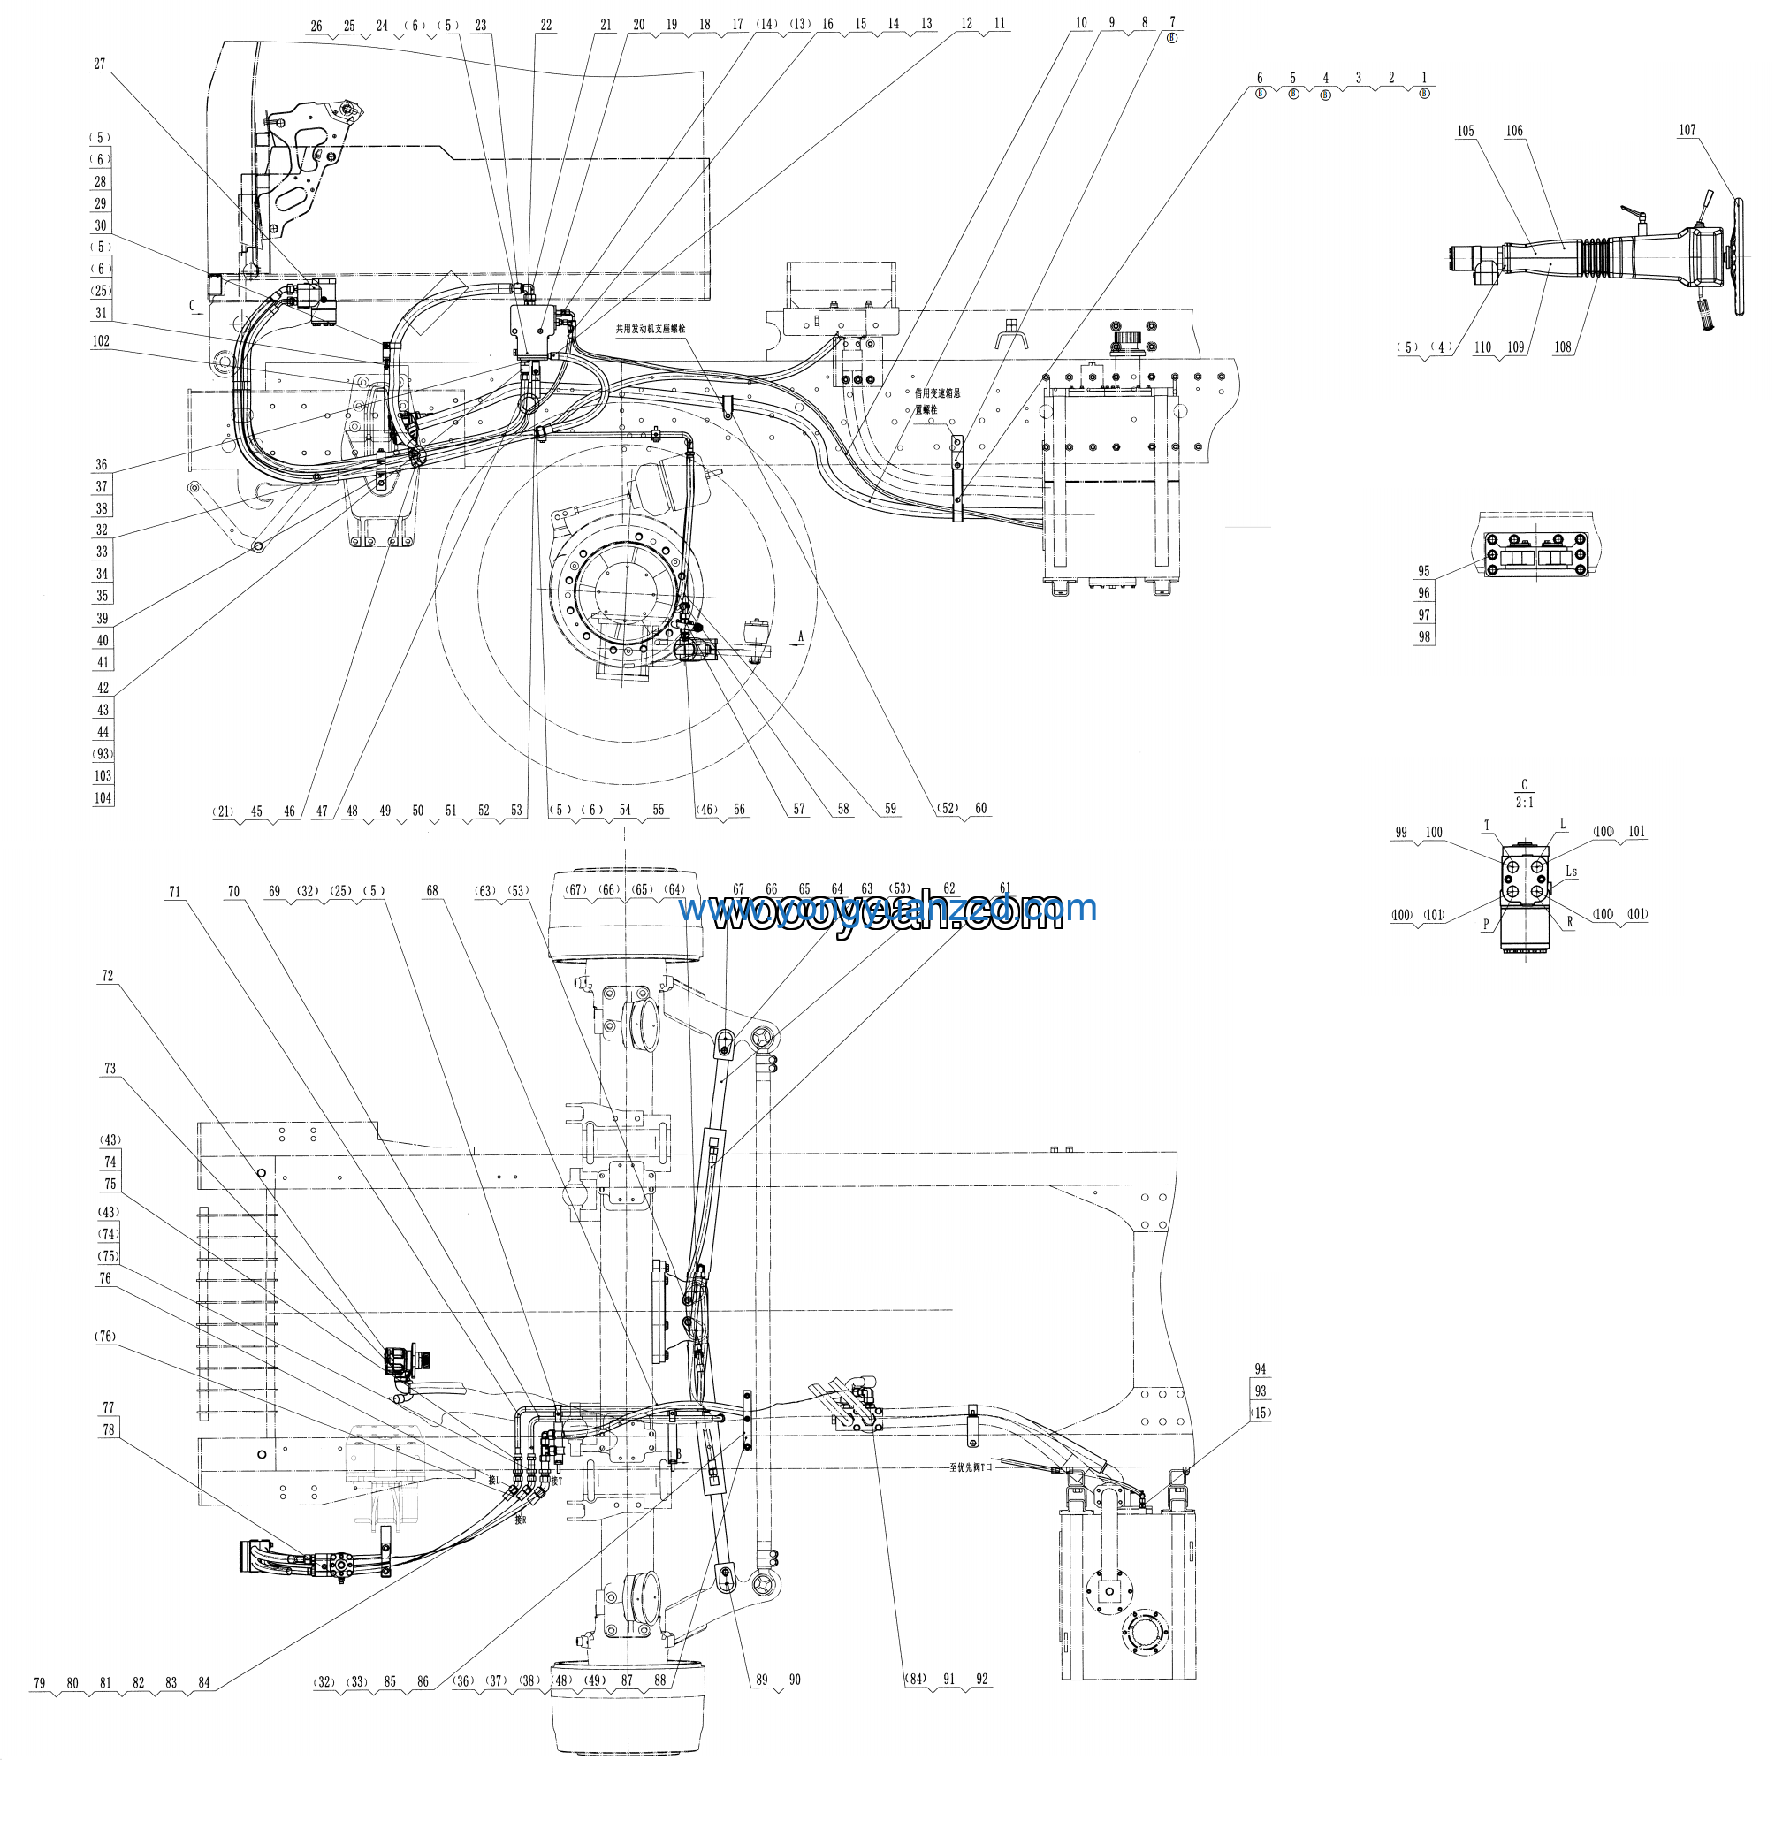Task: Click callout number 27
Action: tap(100, 65)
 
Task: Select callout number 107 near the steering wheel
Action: tap(1687, 131)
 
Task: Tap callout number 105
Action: tap(1466, 132)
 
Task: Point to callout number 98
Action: tap(1423, 637)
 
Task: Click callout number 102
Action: tap(101, 341)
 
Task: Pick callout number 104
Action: tap(103, 798)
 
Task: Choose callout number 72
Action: tap(107, 976)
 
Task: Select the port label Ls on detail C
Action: tap(1571, 872)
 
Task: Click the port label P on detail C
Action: tap(1486, 925)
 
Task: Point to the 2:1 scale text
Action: tap(1524, 803)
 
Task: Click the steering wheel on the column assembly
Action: tap(1736, 256)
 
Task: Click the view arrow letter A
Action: tap(800, 636)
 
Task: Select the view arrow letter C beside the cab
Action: tap(192, 305)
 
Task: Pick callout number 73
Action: tap(110, 1069)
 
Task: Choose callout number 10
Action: tap(1081, 23)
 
